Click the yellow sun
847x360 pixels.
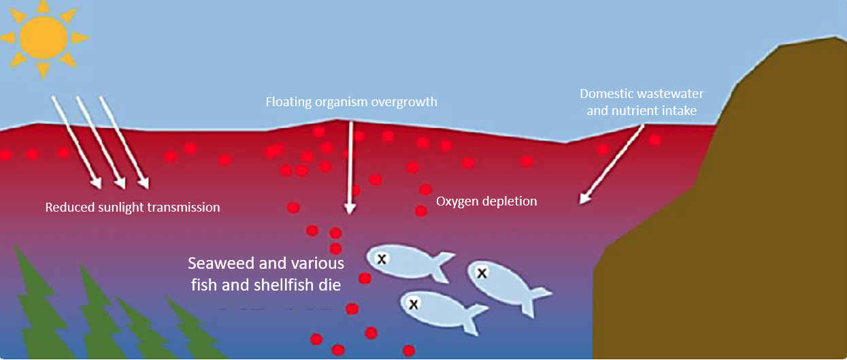(x=44, y=37)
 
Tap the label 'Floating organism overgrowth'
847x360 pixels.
(x=351, y=103)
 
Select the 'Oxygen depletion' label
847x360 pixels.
(x=486, y=201)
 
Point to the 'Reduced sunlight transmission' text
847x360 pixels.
(x=133, y=208)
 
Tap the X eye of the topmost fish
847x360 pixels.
(x=382, y=259)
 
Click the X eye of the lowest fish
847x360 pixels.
(x=413, y=304)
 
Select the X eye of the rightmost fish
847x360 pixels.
(x=482, y=274)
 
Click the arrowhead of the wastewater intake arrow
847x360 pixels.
(x=582, y=199)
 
